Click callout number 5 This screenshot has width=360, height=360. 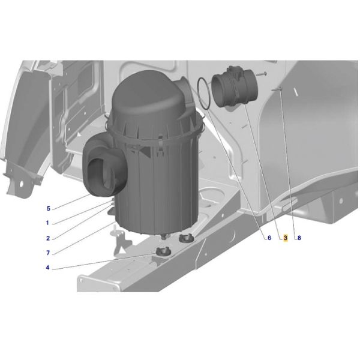coord(48,208)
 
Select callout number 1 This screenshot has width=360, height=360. coord(47,223)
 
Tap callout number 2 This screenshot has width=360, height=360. coord(48,238)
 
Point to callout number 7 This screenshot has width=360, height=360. coord(48,253)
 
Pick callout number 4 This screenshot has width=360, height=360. coord(47,268)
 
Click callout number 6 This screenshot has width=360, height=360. coord(269,238)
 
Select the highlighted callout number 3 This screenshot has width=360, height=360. coord(286,238)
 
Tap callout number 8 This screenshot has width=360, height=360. coord(299,238)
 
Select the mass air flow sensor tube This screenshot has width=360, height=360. coord(235,87)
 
